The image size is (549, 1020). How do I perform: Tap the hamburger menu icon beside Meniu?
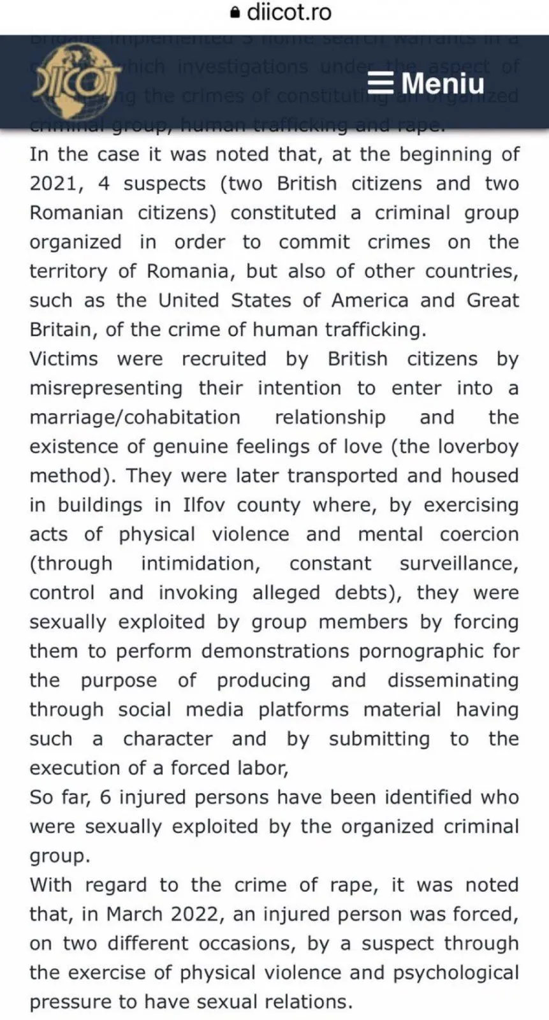click(381, 84)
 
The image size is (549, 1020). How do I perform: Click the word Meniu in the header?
click(443, 84)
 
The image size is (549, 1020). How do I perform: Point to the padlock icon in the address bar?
click(236, 12)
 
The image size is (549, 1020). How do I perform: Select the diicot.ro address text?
click(289, 12)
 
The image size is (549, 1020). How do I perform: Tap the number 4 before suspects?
click(104, 184)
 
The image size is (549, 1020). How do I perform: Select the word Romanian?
click(77, 213)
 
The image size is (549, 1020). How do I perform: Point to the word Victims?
click(64, 359)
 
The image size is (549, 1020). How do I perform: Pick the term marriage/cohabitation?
click(135, 418)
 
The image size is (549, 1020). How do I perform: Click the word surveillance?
click(458, 564)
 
